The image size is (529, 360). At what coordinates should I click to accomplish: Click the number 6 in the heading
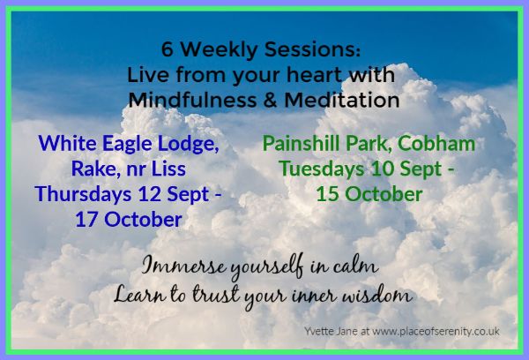click(x=168, y=49)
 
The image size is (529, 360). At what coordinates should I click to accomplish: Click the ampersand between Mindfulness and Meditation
click(x=270, y=101)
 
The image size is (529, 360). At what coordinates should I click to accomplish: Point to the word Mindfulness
click(x=192, y=100)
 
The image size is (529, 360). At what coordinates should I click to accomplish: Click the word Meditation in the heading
click(x=342, y=100)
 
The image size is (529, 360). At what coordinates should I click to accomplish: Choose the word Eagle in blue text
click(x=127, y=144)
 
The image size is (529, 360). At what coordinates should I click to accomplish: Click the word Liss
click(x=168, y=169)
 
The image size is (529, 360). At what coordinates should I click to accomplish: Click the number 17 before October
click(x=86, y=220)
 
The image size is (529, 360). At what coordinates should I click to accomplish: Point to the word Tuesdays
click(x=322, y=169)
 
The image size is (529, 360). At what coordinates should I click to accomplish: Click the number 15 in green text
click(x=327, y=194)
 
